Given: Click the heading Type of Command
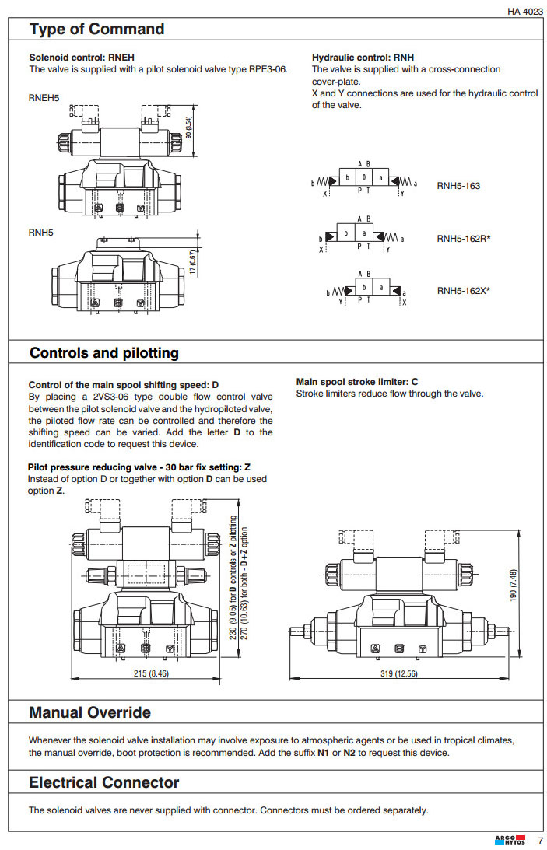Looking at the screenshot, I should [x=96, y=30].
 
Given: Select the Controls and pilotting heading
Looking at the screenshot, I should [x=103, y=353].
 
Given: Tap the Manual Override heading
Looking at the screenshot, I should [x=89, y=712].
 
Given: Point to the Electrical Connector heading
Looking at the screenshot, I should [x=103, y=782].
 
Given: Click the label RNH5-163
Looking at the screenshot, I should [x=458, y=186].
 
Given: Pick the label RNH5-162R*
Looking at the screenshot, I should [x=463, y=239].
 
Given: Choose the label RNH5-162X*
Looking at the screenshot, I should [x=463, y=291].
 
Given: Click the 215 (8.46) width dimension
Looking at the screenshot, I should [x=148, y=673].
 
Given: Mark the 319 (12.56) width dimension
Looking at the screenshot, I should [x=398, y=673].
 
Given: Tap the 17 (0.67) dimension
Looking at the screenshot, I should [x=193, y=261].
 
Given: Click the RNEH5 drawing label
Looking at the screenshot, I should [x=44, y=98].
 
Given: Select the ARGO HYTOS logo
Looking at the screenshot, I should [x=510, y=840].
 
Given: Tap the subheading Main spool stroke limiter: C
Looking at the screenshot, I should [x=357, y=382].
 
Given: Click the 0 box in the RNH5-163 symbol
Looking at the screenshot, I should [x=363, y=178].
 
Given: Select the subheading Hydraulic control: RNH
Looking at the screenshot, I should [x=363, y=58].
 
